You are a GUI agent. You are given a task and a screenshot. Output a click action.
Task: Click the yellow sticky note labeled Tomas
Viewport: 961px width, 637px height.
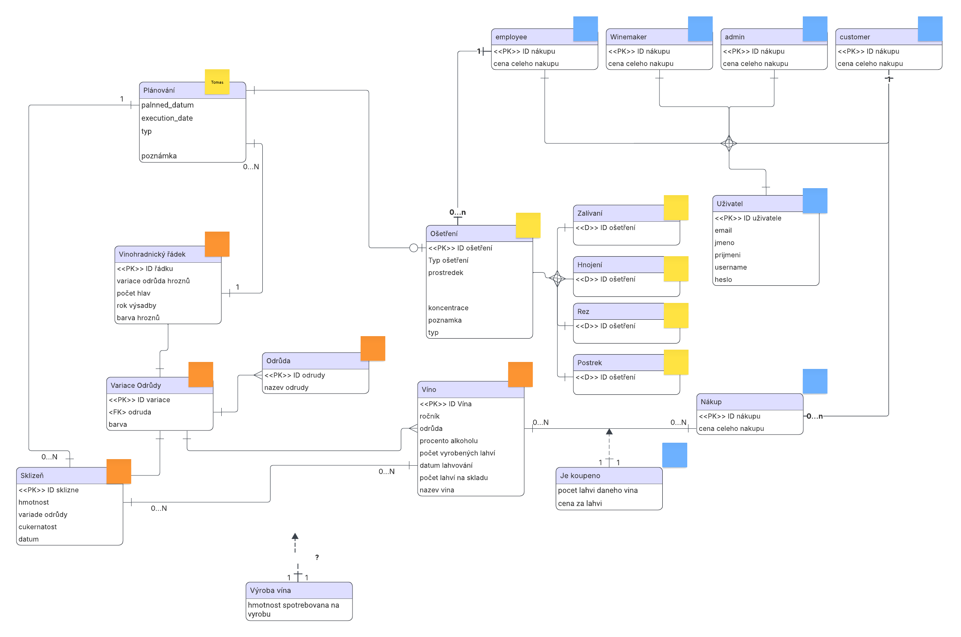click(217, 82)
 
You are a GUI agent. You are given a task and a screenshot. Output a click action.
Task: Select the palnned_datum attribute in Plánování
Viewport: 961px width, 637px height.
click(168, 105)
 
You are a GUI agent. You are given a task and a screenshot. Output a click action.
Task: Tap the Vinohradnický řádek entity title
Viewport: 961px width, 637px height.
click(152, 254)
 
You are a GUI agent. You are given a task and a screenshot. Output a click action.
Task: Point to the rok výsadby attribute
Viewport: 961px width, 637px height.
click(136, 305)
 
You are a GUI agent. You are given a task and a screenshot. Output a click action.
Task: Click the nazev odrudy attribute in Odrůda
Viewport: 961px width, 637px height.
click(286, 387)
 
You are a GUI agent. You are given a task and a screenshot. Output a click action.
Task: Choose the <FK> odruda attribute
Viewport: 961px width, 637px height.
click(130, 412)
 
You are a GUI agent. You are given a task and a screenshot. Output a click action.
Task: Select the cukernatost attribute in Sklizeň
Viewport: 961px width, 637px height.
click(38, 527)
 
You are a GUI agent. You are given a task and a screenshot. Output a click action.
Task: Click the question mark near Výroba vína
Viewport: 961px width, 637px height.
click(317, 557)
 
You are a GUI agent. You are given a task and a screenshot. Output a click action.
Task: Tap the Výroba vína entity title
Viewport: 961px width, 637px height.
click(270, 590)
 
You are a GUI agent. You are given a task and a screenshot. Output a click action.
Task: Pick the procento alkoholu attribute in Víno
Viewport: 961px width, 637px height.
click(449, 441)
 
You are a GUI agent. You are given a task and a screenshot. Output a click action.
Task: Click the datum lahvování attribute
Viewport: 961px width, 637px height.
click(446, 465)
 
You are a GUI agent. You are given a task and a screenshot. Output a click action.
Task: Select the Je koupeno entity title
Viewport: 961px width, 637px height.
click(580, 475)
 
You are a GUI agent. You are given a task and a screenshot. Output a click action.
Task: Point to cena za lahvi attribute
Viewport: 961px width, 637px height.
click(580, 503)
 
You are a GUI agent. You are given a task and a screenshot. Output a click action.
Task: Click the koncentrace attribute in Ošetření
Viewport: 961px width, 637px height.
click(448, 308)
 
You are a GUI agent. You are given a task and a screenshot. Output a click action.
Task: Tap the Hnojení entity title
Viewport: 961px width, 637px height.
click(590, 265)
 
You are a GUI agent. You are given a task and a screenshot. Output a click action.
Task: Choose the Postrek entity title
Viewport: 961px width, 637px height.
click(590, 363)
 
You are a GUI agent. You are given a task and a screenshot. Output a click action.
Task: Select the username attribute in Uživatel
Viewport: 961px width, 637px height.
click(731, 267)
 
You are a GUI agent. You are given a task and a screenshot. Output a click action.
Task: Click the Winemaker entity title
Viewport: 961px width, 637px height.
click(628, 37)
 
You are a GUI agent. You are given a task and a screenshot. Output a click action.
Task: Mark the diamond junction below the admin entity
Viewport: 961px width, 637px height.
click(729, 143)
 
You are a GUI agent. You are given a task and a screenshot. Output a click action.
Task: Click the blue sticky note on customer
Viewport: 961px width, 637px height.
click(930, 29)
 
